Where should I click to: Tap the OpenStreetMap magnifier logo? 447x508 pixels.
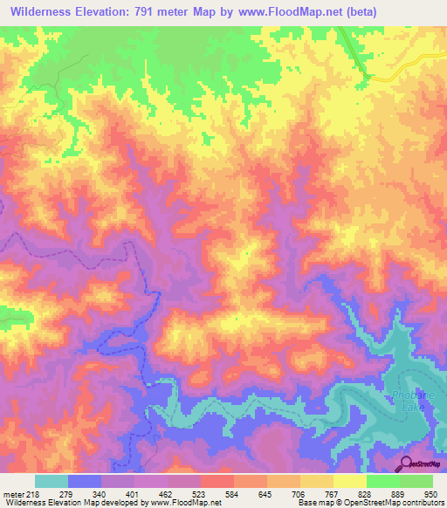pyautogui.click(x=407, y=463)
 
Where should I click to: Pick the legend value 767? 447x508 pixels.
pyautogui.click(x=333, y=493)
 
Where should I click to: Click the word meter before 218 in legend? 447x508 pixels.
pyautogui.click(x=16, y=493)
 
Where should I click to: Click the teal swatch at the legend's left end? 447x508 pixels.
pyautogui.click(x=52, y=481)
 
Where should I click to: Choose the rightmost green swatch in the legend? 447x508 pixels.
pyautogui.click(x=416, y=481)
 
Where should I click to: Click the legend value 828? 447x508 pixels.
pyautogui.click(x=366, y=493)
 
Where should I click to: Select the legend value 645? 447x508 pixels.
pyautogui.click(x=266, y=493)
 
